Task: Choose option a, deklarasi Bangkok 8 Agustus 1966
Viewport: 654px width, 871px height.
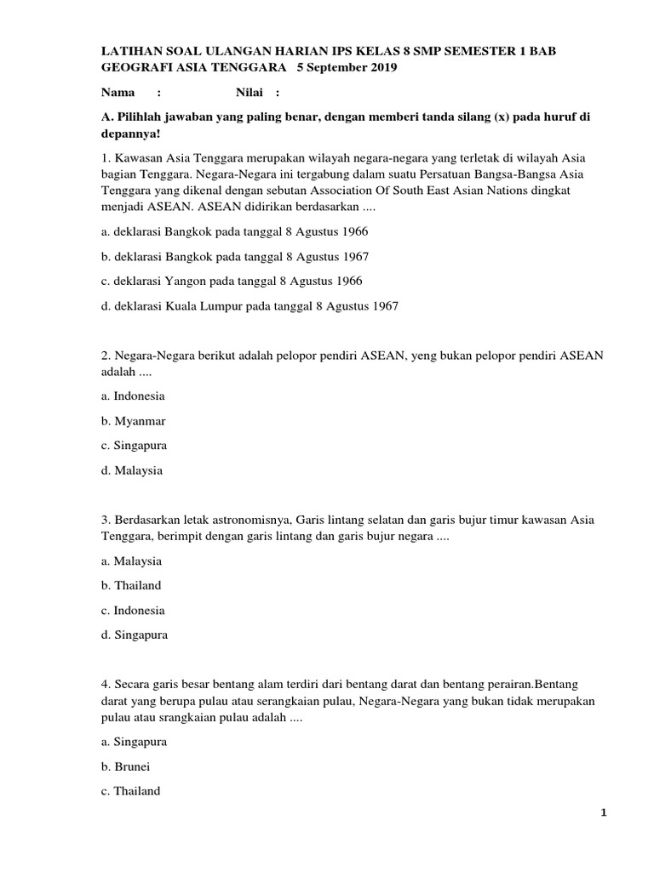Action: coord(234,231)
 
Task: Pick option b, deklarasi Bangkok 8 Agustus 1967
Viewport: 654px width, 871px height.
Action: coord(234,256)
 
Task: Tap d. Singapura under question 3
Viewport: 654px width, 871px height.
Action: coord(134,635)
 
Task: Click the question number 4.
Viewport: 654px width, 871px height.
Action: coord(105,684)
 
